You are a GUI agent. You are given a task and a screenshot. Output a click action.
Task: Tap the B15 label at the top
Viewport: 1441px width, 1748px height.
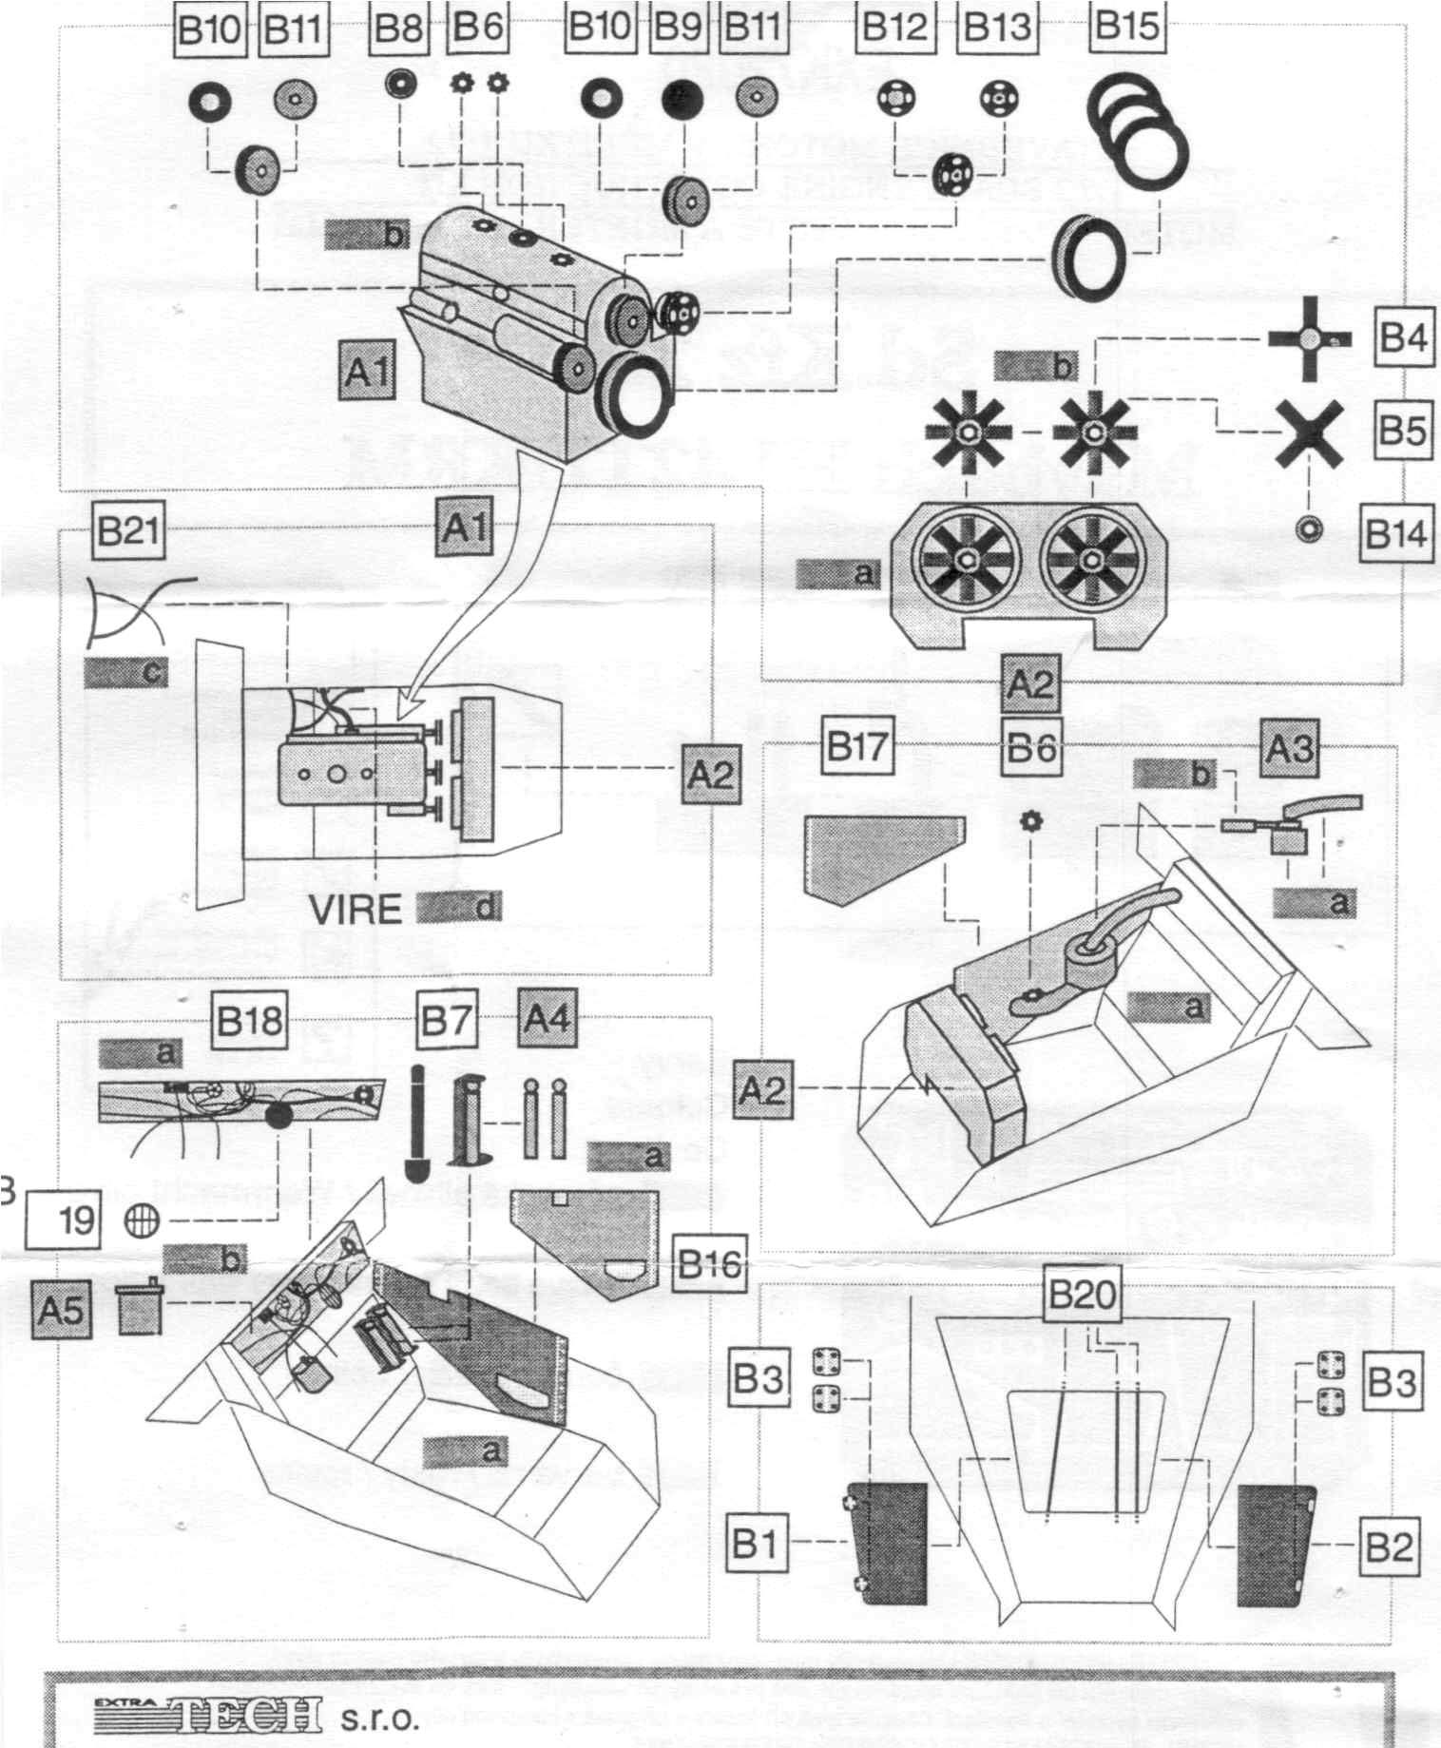pyautogui.click(x=1126, y=26)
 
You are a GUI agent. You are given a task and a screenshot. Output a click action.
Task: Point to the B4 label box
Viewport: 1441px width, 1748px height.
pyautogui.click(x=1403, y=338)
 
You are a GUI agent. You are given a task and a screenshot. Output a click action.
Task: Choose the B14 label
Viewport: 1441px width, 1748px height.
pyautogui.click(x=1395, y=534)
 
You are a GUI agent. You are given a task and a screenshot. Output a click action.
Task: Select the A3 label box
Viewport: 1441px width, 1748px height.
pyautogui.click(x=1291, y=749)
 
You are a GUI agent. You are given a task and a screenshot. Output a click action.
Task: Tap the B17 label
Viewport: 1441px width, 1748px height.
pyautogui.click(x=856, y=749)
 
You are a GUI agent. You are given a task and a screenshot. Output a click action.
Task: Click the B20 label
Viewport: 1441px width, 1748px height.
pyautogui.click(x=1081, y=1295)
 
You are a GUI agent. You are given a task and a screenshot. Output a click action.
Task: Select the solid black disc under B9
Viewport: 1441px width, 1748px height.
pyautogui.click(x=682, y=97)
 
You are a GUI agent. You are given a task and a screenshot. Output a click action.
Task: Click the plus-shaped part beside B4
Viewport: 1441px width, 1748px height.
pyautogui.click(x=1310, y=338)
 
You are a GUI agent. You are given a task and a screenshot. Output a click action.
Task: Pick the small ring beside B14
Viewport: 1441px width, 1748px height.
pyautogui.click(x=1311, y=529)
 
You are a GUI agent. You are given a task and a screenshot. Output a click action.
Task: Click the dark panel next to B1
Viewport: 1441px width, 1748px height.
pyautogui.click(x=886, y=1542)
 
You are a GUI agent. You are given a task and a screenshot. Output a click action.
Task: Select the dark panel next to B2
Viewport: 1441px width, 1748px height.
pyautogui.click(x=1276, y=1544)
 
